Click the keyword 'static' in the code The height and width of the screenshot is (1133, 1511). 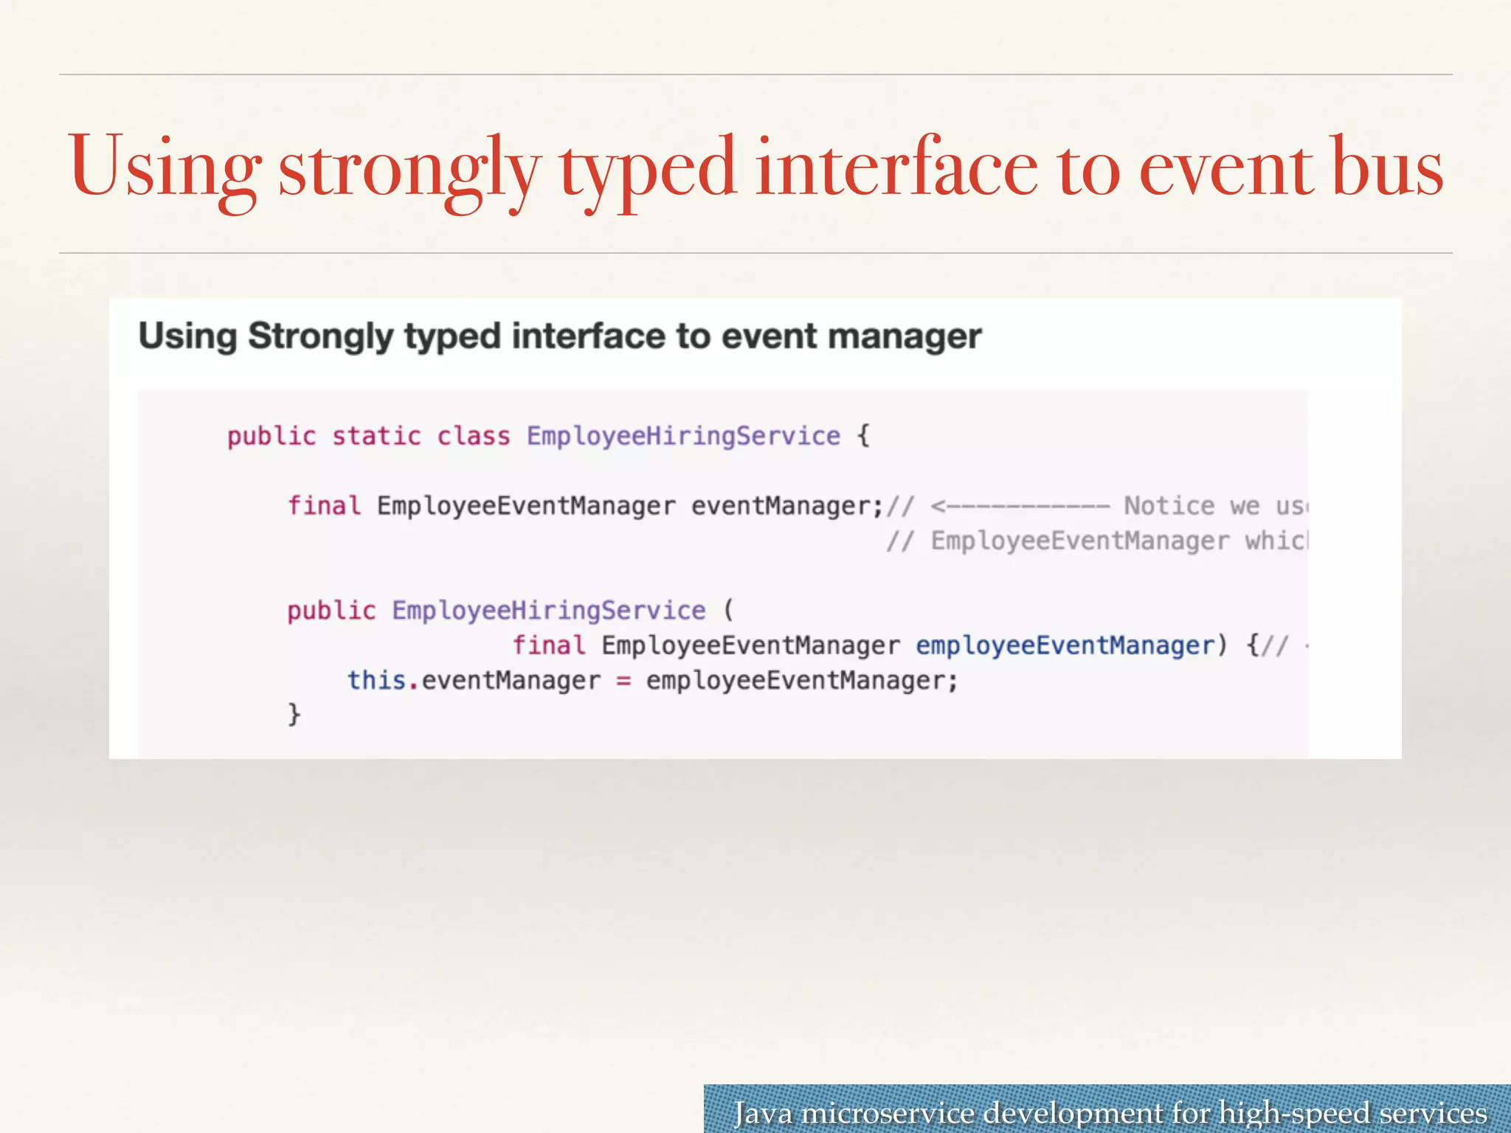[376, 436]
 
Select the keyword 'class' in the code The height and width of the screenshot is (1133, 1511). [474, 436]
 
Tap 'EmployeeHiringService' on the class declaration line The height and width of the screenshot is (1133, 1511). [683, 436]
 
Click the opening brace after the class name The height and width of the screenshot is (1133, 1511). [863, 436]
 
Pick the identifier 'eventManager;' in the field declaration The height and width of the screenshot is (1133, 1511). [786, 506]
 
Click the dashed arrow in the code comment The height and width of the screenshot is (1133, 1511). [1020, 506]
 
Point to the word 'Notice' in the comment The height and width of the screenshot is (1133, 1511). [1169, 506]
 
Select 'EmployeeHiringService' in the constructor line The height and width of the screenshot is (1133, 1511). [548, 611]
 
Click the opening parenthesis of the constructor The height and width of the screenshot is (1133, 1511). [729, 611]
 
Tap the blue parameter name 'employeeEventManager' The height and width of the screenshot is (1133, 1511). [1065, 645]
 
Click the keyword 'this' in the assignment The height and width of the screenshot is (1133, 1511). [376, 680]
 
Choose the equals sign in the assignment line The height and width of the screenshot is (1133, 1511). [623, 680]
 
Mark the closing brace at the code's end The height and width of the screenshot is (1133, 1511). [294, 714]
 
